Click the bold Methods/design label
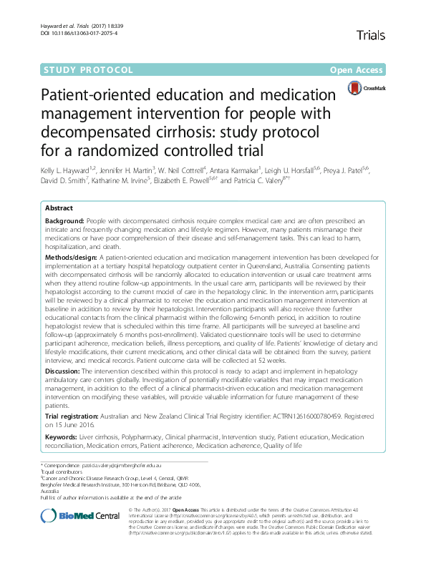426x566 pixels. (x=71, y=256)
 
